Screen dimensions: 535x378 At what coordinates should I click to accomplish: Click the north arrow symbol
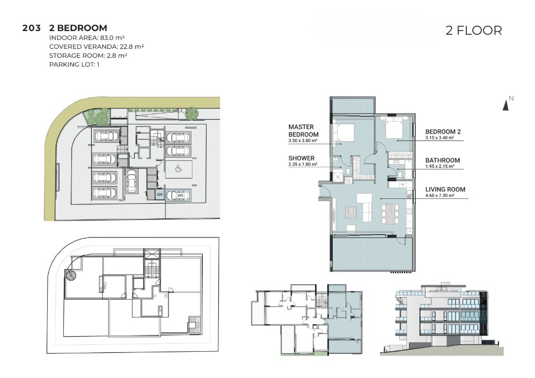505,106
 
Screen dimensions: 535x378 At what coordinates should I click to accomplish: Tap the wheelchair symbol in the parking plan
178,168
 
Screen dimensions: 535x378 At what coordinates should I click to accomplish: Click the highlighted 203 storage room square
159,195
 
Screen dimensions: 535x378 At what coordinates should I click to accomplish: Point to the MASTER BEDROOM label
303,131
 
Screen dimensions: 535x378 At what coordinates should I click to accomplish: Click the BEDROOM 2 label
443,131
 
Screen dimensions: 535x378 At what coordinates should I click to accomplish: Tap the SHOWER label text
301,158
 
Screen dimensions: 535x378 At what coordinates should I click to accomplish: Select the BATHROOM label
443,160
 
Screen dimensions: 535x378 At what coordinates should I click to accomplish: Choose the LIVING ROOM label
445,189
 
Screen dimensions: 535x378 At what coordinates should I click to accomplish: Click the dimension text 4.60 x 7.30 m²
440,196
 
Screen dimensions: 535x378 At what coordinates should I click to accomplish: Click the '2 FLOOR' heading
474,31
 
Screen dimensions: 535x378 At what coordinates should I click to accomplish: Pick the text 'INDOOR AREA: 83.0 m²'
87,38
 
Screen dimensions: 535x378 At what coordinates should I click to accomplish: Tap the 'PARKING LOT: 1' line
75,64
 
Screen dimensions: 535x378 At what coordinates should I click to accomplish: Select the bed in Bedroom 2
394,129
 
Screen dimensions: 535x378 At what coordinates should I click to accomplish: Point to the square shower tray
338,176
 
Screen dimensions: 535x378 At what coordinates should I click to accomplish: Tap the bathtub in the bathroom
407,176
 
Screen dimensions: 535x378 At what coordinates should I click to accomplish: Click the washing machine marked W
402,185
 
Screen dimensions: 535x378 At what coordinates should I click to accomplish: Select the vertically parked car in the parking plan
131,180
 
